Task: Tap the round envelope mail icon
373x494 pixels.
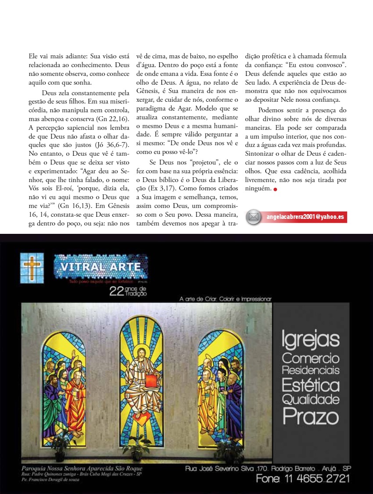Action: coord(254,217)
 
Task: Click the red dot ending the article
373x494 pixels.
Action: coord(275,190)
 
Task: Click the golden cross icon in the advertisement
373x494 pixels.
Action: coord(32,268)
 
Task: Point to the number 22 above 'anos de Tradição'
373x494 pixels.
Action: coord(117,292)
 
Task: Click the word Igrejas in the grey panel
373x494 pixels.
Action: coord(311,339)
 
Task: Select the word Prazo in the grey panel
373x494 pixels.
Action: coord(311,416)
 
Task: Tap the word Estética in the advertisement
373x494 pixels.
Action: coord(311,385)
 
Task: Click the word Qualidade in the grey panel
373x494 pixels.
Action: coord(311,400)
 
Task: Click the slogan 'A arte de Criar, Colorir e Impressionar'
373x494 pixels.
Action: coord(226,299)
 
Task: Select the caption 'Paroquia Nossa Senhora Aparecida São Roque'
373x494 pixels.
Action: coord(82,469)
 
